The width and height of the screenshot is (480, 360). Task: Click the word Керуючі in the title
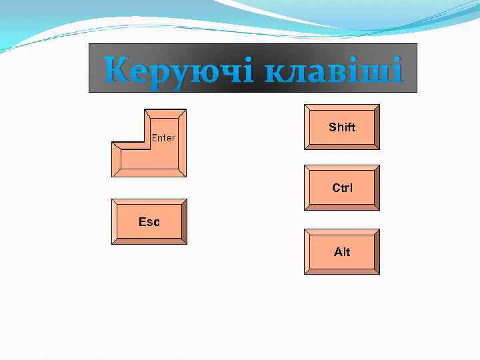pos(178,69)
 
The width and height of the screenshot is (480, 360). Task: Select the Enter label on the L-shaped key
pos(163,138)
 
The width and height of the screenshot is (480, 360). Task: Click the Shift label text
pos(342,127)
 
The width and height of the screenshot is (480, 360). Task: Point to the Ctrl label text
pos(342,188)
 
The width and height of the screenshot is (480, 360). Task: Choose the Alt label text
pos(342,252)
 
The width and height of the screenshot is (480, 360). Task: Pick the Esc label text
pos(149,222)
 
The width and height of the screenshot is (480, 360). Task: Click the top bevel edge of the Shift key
pos(342,107)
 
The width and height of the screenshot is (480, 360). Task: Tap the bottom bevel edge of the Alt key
pos(342,271)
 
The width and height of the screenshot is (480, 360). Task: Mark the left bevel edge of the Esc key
pos(114,222)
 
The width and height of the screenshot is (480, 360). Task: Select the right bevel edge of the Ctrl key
pos(376,188)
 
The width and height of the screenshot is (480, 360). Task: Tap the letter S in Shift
pos(332,127)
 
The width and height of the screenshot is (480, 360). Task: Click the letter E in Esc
pos(141,222)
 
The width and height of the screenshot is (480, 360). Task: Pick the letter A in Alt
pos(337,252)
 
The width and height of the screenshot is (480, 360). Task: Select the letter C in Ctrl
pos(336,188)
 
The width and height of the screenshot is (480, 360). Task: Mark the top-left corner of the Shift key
pos(305,105)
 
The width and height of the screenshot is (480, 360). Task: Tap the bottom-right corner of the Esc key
pos(186,243)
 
